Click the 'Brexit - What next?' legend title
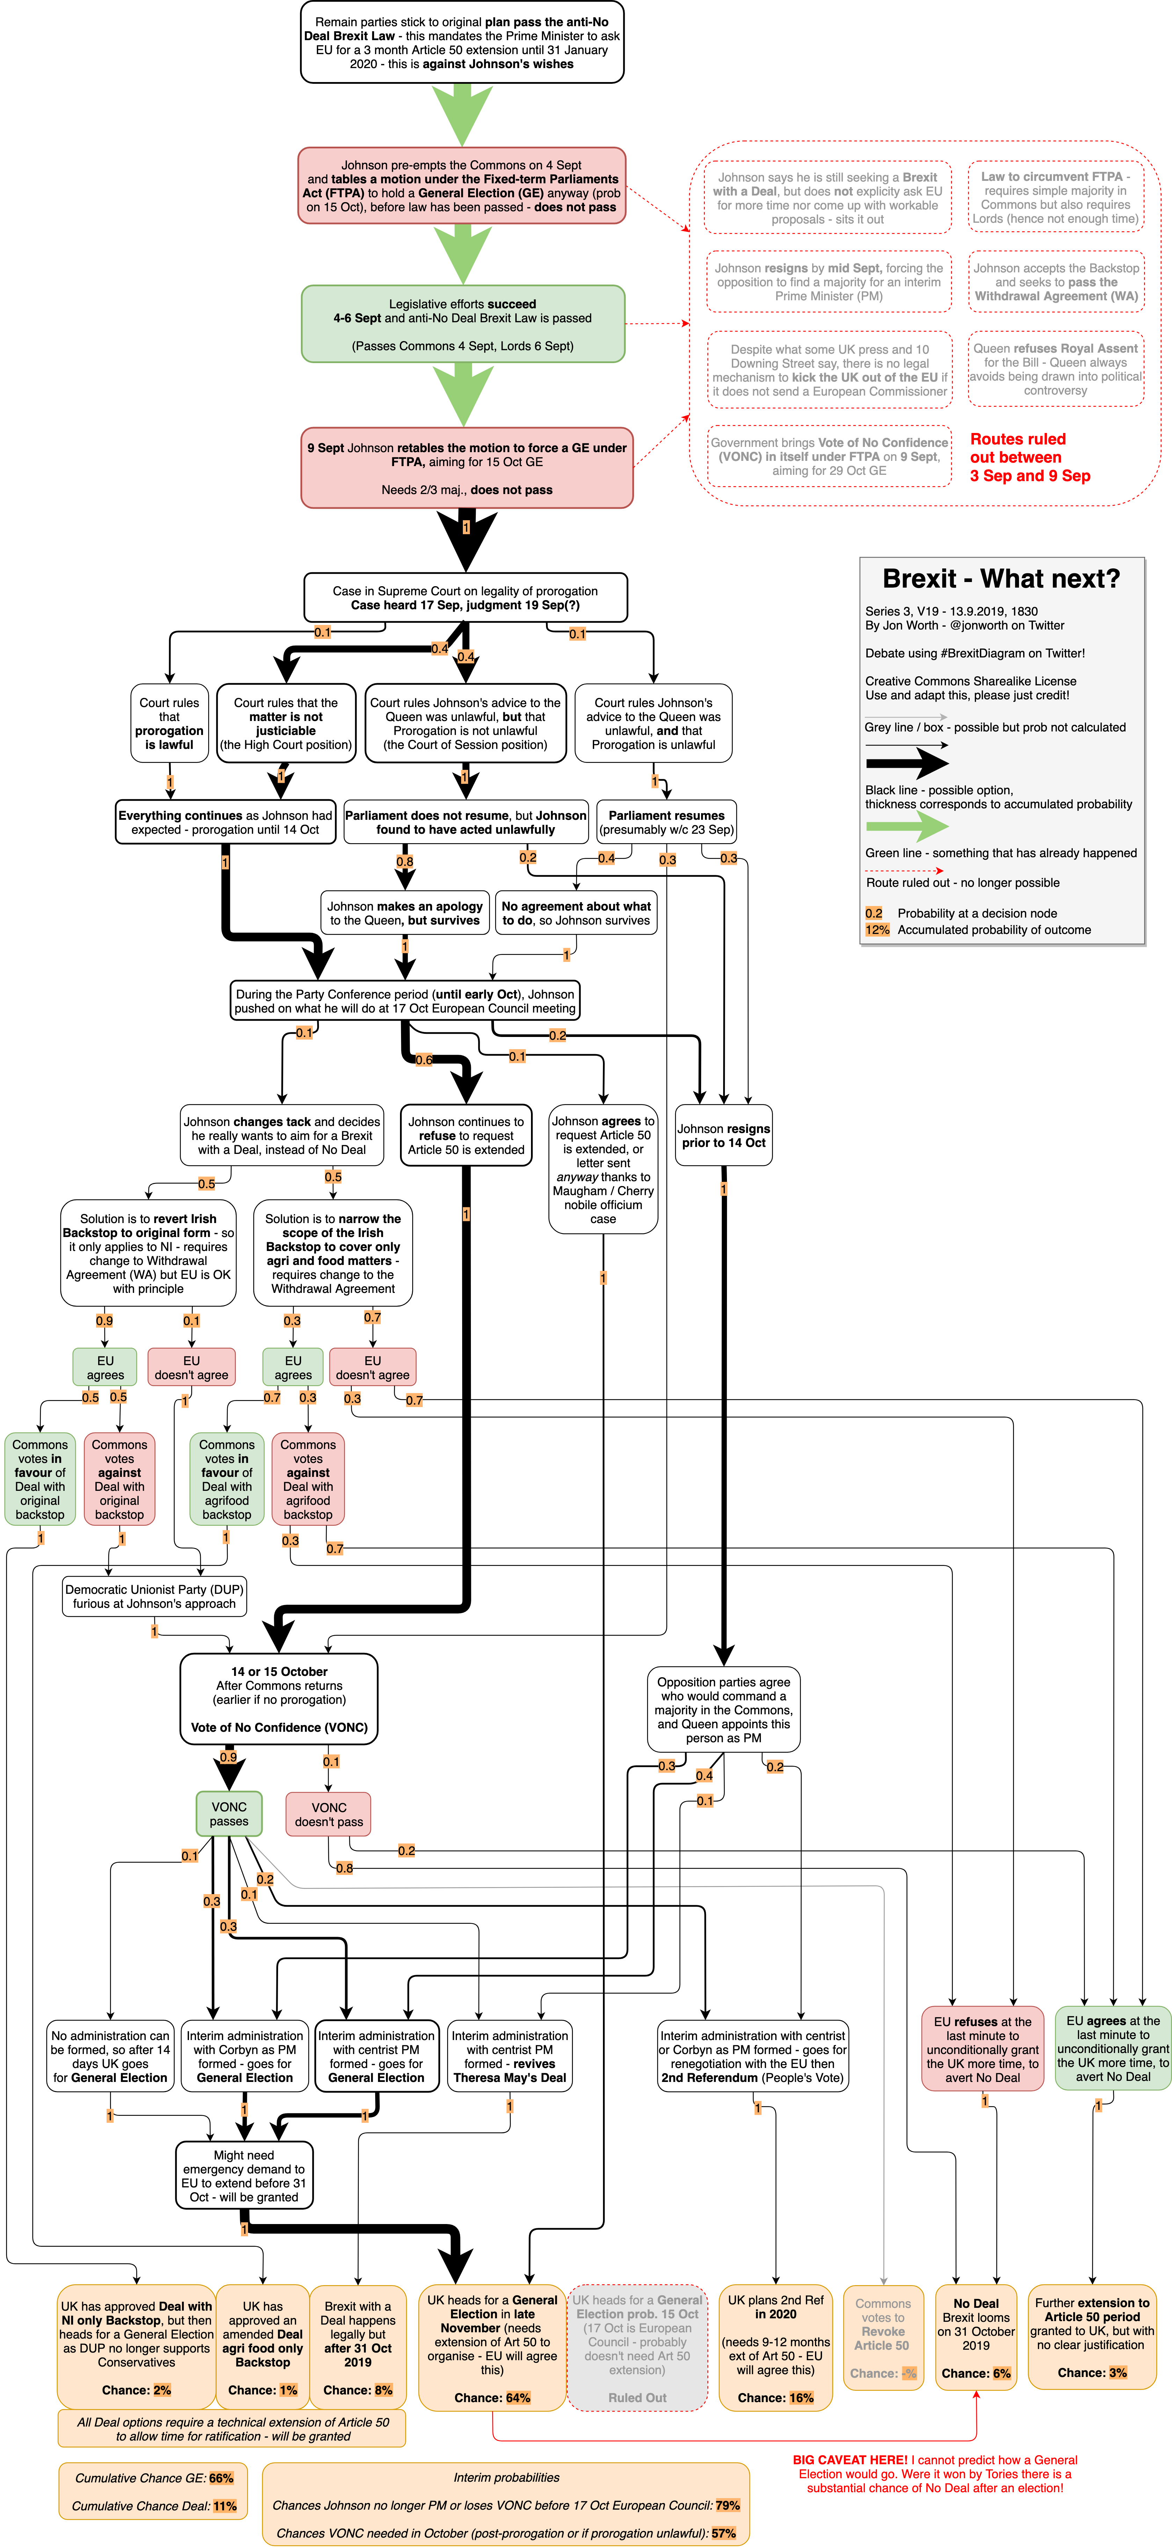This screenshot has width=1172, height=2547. (1001, 579)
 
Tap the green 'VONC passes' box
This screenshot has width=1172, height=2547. (228, 1814)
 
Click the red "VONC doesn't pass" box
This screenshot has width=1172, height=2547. (328, 1814)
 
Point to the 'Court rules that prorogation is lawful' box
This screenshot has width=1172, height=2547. (169, 724)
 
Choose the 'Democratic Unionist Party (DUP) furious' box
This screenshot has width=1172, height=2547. (153, 1597)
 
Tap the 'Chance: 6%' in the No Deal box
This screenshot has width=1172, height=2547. (975, 2373)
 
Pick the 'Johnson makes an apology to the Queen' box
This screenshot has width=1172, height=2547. (405, 913)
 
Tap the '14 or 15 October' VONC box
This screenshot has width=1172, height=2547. (279, 1699)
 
